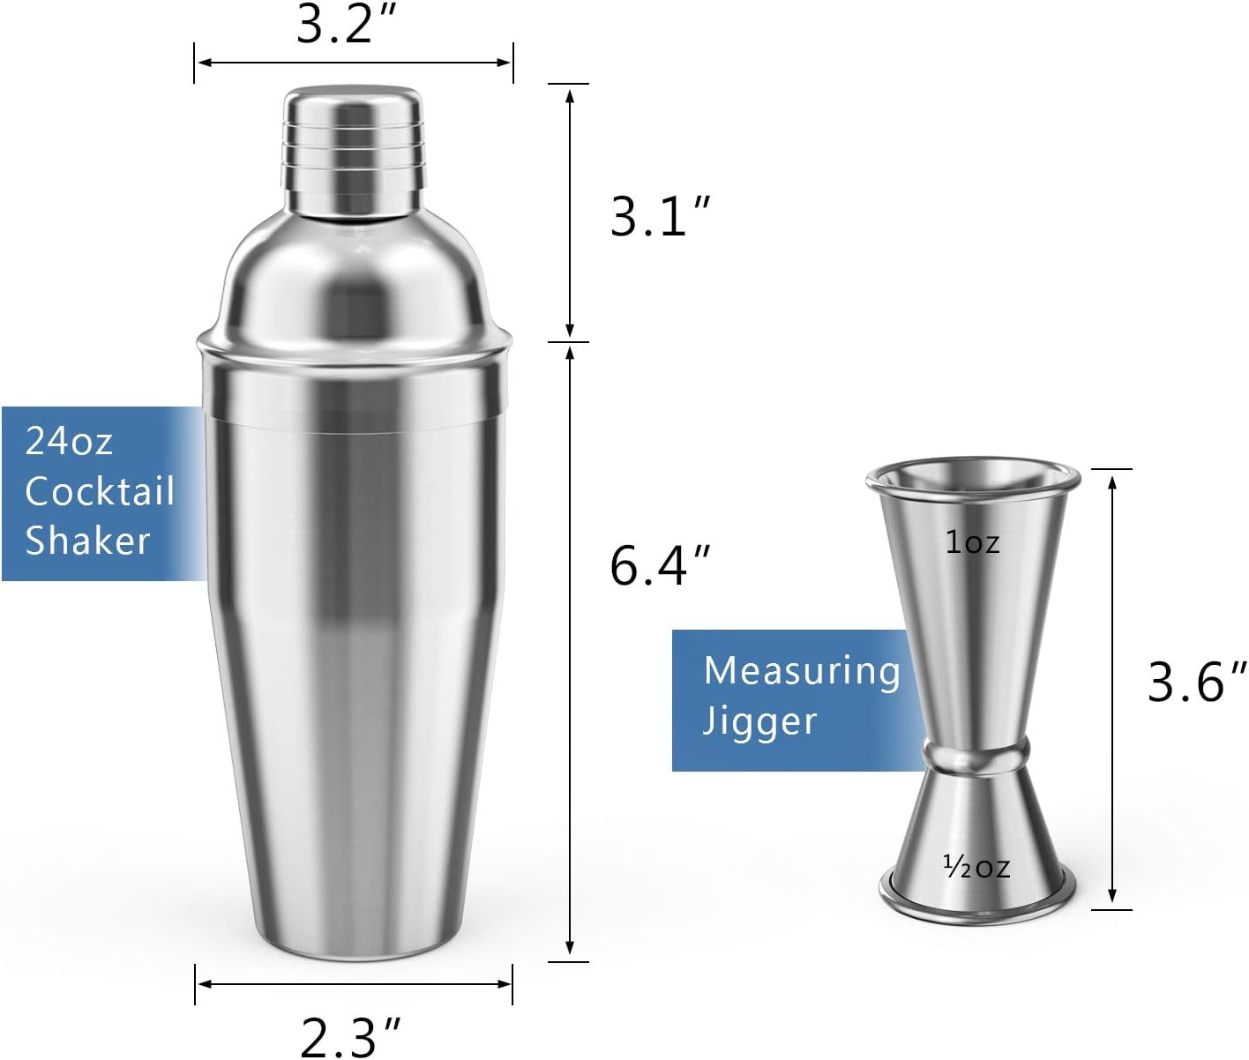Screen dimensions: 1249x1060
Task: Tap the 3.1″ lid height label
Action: (659, 216)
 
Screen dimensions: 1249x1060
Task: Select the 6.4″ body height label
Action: (659, 565)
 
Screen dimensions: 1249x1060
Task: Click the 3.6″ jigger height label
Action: (1196, 682)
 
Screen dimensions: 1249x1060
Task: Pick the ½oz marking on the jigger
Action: (976, 866)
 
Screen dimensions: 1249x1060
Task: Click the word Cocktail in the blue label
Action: (101, 490)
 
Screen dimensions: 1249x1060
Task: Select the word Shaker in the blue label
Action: (87, 540)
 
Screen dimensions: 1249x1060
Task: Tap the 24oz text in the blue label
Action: (69, 441)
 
